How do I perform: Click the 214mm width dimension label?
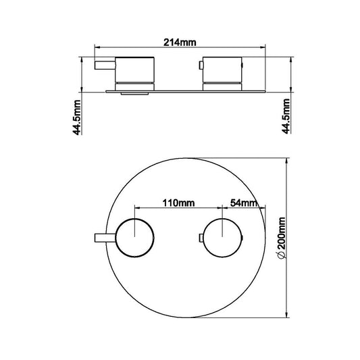(180, 42)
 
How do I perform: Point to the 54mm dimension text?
(243, 202)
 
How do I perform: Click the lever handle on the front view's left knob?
(105, 237)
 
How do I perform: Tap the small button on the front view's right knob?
(199, 237)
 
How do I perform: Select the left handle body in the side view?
(136, 71)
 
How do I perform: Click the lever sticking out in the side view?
(105, 66)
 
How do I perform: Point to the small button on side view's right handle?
(200, 66)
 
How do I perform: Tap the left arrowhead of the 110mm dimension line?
(137, 207)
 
